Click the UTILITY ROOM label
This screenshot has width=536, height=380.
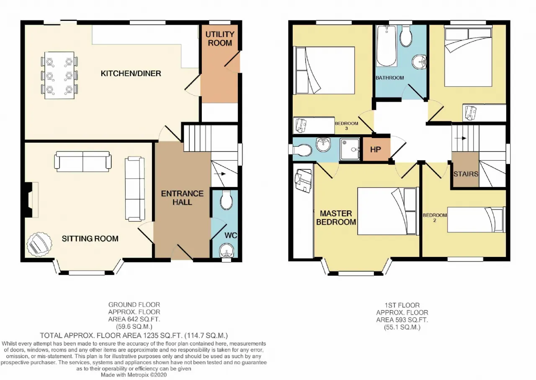tap(220, 39)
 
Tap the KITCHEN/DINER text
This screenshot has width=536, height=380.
tap(131, 73)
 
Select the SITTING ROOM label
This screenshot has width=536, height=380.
tap(90, 239)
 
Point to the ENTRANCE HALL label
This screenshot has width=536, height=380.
tap(182, 198)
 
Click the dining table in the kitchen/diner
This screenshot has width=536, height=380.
tap(59, 75)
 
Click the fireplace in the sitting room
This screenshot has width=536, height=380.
tap(31, 200)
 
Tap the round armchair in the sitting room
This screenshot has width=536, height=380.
tap(39, 244)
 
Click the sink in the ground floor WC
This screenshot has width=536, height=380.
tap(227, 250)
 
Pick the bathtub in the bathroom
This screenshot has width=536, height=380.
tap(387, 46)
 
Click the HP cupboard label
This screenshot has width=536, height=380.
tap(376, 150)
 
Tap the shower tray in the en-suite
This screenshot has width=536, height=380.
tap(350, 149)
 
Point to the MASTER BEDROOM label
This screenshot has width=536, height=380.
tap(336, 218)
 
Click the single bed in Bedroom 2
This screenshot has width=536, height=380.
tap(477, 220)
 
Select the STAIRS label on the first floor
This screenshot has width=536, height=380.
tap(466, 174)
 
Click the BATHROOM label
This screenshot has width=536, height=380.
tap(389, 78)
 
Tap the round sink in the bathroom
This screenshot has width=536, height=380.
tap(419, 62)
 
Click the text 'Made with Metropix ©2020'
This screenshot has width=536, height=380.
tap(134, 375)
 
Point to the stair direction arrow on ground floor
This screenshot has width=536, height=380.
tap(220, 174)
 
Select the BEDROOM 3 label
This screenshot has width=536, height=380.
tap(346, 126)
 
